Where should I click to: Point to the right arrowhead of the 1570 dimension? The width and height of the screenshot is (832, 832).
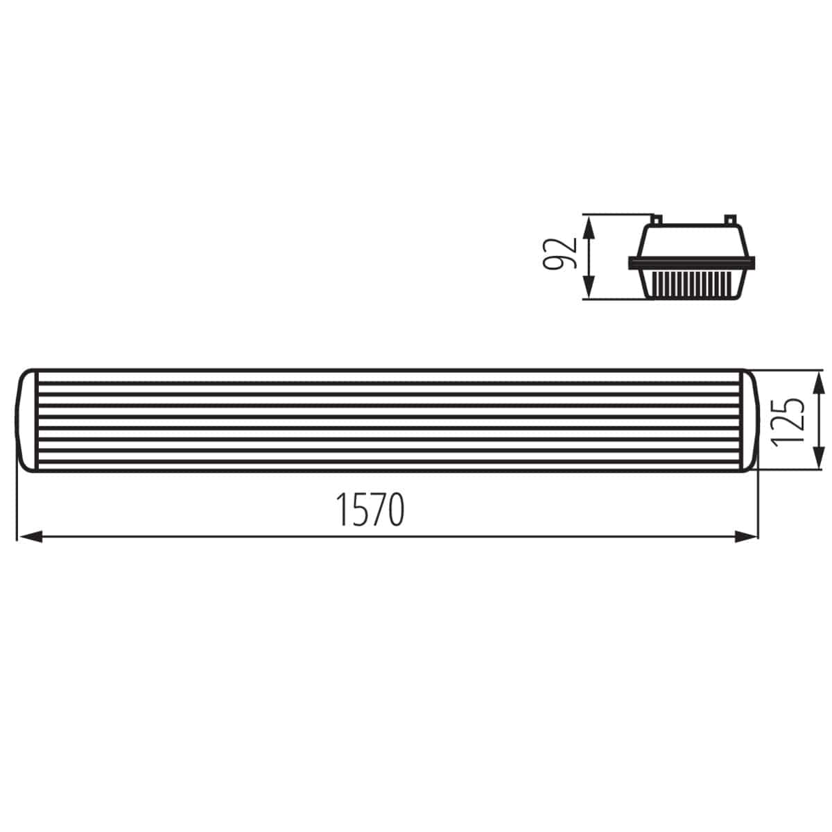[745, 536]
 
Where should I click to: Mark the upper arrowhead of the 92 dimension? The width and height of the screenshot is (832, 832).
[589, 226]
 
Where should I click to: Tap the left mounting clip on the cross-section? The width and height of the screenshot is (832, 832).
[655, 219]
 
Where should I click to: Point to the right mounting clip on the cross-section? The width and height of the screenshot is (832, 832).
[729, 219]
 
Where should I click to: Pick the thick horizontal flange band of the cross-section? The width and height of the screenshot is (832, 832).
[691, 263]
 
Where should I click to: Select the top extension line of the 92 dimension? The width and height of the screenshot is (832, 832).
[617, 214]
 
